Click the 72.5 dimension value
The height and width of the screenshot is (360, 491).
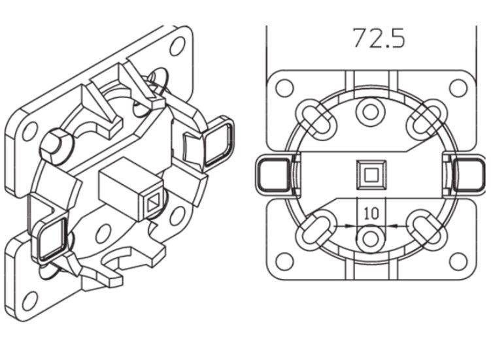tap(379, 38)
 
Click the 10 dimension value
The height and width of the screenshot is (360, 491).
tap(371, 214)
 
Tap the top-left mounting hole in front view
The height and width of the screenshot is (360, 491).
tap(284, 88)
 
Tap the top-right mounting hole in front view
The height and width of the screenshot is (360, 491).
tap(458, 88)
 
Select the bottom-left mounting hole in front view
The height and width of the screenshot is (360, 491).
tap(284, 261)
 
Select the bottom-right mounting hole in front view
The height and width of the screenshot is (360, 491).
tap(458, 261)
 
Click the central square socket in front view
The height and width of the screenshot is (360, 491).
tap(371, 174)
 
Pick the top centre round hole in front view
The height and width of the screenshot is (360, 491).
tap(371, 112)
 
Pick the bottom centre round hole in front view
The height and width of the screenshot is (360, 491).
tap(371, 238)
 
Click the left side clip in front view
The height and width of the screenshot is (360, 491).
tap(270, 175)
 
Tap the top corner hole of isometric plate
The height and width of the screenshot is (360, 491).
tap(177, 47)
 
